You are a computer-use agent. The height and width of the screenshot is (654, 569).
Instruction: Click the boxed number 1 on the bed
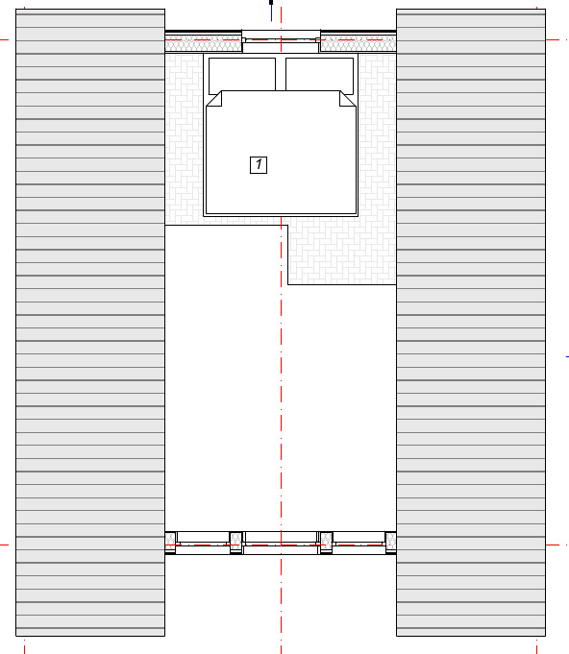click(259, 165)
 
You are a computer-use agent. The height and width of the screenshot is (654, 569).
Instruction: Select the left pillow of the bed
click(242, 74)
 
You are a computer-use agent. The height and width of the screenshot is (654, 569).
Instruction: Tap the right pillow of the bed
click(319, 74)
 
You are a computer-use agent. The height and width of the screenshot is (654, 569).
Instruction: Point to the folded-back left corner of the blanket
click(214, 99)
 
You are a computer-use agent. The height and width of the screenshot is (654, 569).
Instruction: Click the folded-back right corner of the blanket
click(348, 99)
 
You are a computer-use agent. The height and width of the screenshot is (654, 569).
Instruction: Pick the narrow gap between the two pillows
click(281, 74)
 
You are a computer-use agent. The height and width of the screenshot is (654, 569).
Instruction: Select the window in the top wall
click(281, 41)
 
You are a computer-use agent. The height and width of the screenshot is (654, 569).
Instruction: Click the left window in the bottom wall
click(203, 543)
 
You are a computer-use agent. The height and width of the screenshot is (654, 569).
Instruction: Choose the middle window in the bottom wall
click(281, 543)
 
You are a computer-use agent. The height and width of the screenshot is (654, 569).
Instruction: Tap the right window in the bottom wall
click(359, 543)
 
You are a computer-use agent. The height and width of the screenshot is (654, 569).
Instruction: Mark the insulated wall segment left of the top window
click(204, 41)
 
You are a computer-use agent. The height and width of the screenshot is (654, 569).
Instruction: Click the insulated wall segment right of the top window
click(359, 41)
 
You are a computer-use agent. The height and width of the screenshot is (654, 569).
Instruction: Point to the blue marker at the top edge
click(271, 11)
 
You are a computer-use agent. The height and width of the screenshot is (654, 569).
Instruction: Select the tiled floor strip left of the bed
click(185, 139)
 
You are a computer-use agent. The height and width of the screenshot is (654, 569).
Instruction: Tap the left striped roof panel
click(90, 323)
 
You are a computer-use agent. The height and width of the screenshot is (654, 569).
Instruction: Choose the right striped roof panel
click(471, 323)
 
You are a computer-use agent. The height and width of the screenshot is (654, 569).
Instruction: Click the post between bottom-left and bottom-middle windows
click(236, 543)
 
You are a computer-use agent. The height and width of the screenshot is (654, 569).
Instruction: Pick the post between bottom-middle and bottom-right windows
click(326, 543)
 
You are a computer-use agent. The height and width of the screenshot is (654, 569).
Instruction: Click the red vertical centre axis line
click(281, 327)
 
